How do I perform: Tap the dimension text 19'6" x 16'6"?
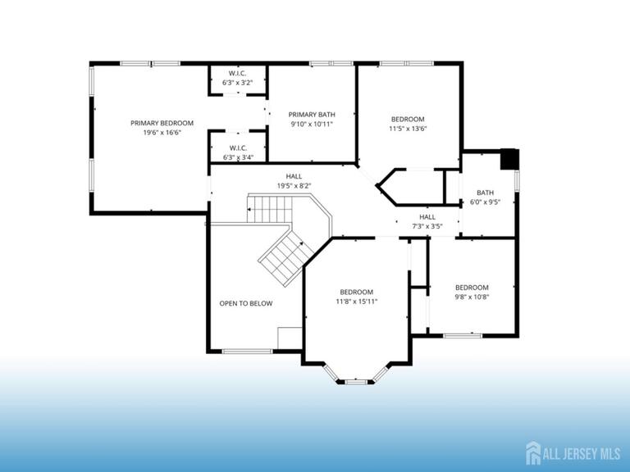[x=162, y=133]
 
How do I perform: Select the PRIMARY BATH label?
[x=312, y=115]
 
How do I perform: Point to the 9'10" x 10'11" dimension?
[x=312, y=125]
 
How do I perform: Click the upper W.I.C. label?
[x=238, y=73]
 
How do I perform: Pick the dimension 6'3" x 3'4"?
[x=239, y=157]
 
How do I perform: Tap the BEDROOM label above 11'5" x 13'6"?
[x=408, y=119]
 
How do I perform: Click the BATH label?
[x=485, y=193]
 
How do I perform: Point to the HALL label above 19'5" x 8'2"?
[x=294, y=176]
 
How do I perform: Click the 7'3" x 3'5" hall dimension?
[x=427, y=226]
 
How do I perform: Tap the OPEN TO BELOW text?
[x=246, y=303]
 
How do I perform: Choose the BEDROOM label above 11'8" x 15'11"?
[x=357, y=292]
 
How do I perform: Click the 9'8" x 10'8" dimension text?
[x=472, y=297]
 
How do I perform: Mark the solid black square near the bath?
[x=509, y=158]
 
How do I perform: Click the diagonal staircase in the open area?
[x=281, y=256]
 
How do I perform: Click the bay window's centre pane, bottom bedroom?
[x=357, y=381]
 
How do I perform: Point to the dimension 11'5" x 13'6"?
[x=408, y=128]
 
